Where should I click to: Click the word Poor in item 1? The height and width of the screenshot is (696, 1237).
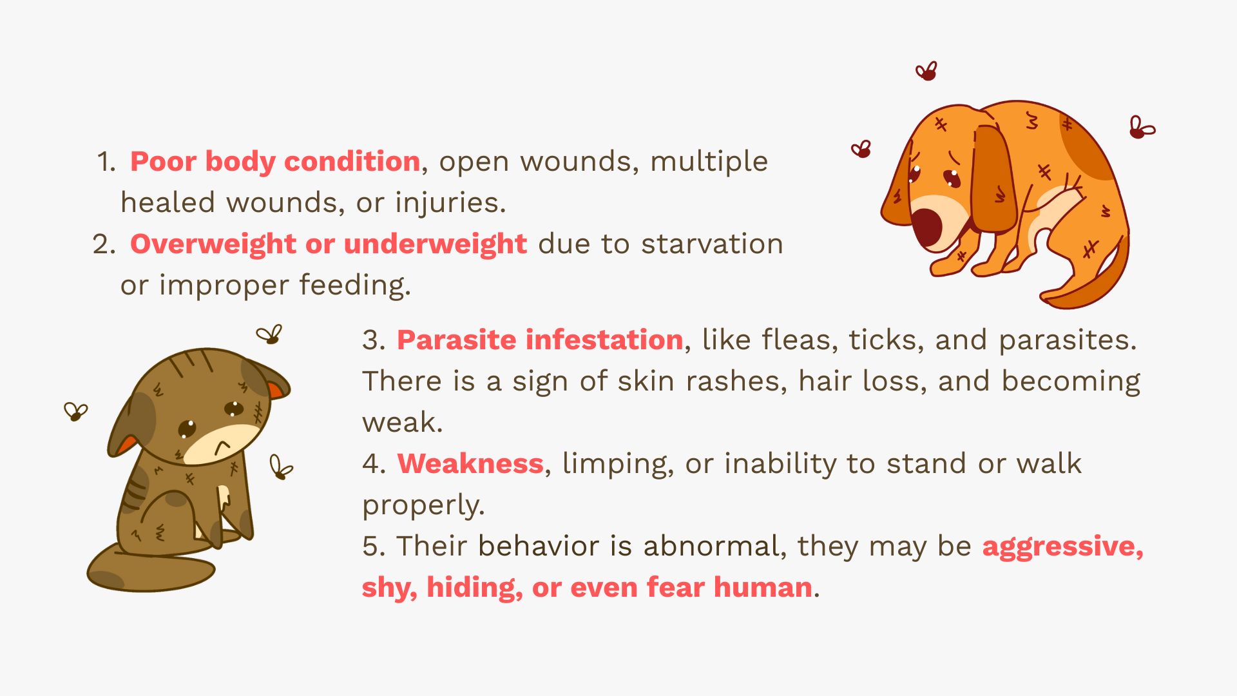click(x=163, y=161)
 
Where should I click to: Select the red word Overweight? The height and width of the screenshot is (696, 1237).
click(x=213, y=244)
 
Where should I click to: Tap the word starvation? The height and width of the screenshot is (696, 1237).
click(x=712, y=244)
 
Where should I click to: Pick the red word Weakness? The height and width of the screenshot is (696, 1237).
click(x=470, y=463)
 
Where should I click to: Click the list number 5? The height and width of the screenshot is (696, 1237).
click(x=372, y=546)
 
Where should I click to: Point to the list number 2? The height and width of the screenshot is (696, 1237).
click(x=103, y=244)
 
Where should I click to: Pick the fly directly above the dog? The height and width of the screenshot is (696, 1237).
click(x=926, y=71)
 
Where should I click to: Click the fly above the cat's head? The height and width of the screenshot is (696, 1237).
click(x=269, y=334)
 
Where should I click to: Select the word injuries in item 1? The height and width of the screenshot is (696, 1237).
click(x=450, y=203)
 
